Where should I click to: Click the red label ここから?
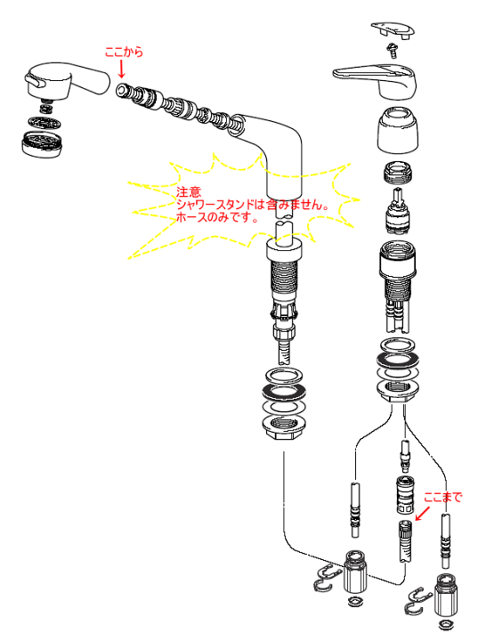click(124, 52)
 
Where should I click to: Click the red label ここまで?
click(442, 497)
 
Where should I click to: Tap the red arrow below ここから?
click(121, 69)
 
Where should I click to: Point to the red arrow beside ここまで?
click(423, 514)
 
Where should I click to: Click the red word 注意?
click(189, 191)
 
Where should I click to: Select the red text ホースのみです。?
click(217, 217)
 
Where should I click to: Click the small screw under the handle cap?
click(393, 51)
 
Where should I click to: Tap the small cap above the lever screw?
click(393, 31)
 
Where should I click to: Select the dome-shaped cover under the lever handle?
click(398, 131)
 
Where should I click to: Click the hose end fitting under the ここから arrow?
click(121, 90)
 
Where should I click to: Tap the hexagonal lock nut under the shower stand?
click(284, 427)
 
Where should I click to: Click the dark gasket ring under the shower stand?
click(284, 392)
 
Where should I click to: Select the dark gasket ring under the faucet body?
click(398, 361)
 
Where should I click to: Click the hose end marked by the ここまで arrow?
click(405, 541)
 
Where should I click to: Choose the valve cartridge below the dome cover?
click(398, 210)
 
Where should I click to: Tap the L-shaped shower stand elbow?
click(271, 155)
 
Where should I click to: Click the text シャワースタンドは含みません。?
click(253, 205)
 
